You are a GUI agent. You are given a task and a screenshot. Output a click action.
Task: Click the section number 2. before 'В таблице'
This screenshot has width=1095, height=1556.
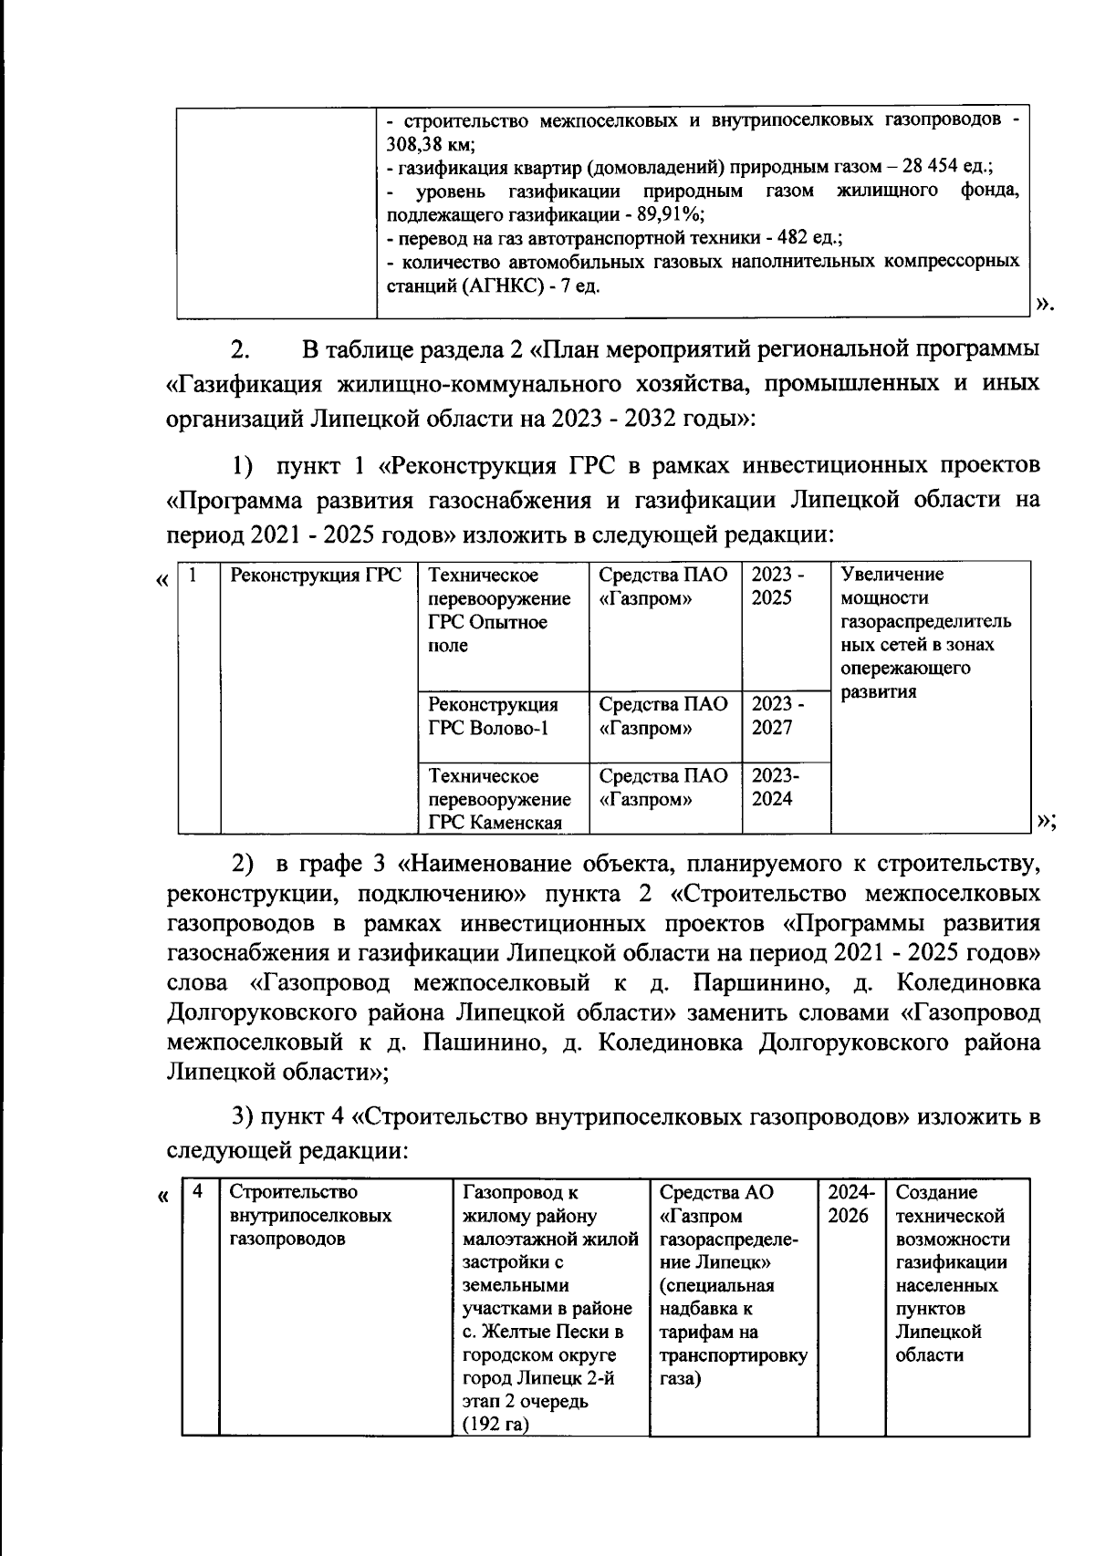click(x=239, y=351)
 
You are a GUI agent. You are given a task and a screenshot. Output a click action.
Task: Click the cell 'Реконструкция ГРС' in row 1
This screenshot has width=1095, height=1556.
click(x=316, y=576)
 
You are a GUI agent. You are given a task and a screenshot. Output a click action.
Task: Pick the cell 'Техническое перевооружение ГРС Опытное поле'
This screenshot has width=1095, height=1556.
click(x=500, y=610)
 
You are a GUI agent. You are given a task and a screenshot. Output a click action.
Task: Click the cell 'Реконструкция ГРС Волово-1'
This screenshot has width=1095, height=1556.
click(x=494, y=716)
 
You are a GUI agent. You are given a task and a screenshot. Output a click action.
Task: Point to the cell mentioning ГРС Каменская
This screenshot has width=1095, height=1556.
click(x=500, y=799)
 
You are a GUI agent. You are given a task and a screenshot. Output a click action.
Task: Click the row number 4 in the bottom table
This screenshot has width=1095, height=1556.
click(x=198, y=1191)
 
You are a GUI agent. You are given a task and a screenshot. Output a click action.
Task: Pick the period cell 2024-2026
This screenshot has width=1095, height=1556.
click(x=850, y=1204)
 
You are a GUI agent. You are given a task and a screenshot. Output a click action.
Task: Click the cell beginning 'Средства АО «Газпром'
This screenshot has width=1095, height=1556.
click(x=733, y=1286)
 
